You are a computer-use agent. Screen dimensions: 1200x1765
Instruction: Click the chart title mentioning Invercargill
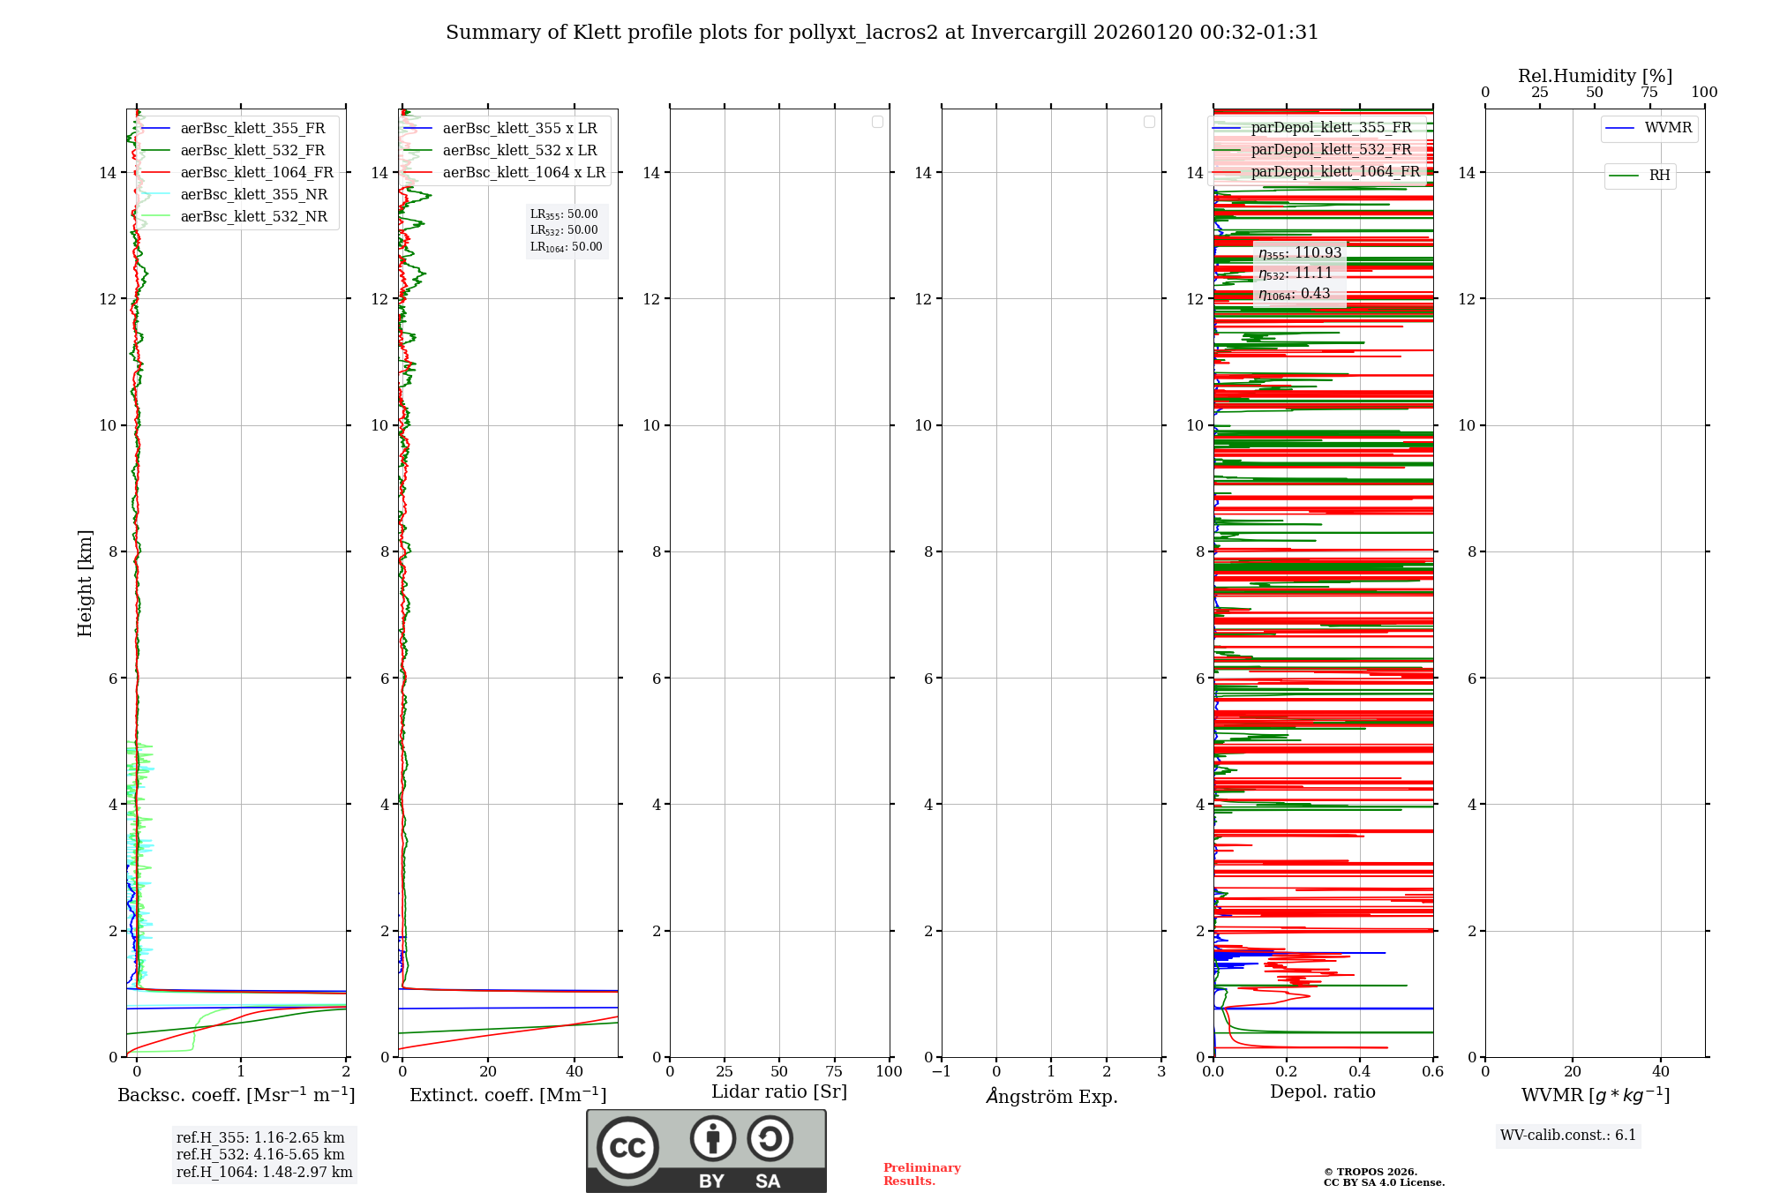[882, 33]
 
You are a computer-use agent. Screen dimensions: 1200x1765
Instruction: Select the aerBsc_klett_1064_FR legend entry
[256, 173]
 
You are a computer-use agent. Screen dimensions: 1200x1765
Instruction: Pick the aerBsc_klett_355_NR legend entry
[253, 195]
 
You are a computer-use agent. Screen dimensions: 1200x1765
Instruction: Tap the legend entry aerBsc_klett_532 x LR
[519, 151]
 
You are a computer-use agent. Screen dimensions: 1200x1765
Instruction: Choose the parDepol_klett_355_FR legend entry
[1331, 128]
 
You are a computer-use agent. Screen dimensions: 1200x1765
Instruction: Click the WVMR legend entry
[1667, 128]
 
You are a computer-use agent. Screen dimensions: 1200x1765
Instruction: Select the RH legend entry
[1658, 176]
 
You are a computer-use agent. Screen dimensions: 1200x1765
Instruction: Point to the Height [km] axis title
[85, 583]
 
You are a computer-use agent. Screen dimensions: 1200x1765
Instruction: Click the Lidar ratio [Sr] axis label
[779, 1092]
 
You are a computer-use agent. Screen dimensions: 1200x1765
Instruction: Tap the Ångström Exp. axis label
[1051, 1097]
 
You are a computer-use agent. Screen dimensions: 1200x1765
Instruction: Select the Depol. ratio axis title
[1322, 1092]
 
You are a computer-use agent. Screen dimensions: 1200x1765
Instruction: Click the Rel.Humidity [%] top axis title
[1595, 76]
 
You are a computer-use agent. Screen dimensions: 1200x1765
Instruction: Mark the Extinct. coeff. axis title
[507, 1095]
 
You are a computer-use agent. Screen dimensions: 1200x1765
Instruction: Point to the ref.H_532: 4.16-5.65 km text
[260, 1155]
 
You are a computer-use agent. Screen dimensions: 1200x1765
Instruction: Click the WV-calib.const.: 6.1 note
[1568, 1136]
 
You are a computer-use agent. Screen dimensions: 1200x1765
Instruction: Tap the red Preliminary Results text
[921, 1174]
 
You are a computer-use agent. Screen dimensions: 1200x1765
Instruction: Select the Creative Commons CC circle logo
[627, 1148]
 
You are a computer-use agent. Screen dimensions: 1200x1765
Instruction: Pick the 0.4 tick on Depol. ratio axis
[1360, 1072]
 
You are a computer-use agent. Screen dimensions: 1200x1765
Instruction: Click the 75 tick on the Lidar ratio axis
[834, 1072]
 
